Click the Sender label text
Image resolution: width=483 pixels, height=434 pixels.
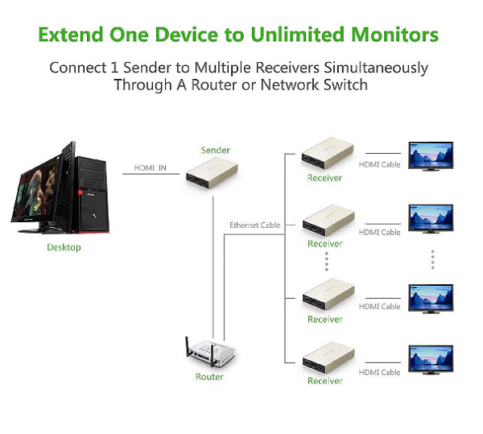coord(215,150)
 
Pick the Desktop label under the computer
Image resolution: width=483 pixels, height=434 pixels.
coord(64,247)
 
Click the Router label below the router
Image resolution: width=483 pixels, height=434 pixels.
coord(209,377)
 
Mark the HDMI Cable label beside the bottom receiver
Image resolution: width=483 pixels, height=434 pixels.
coord(380,373)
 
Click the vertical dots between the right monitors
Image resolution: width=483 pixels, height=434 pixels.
coord(432,259)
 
